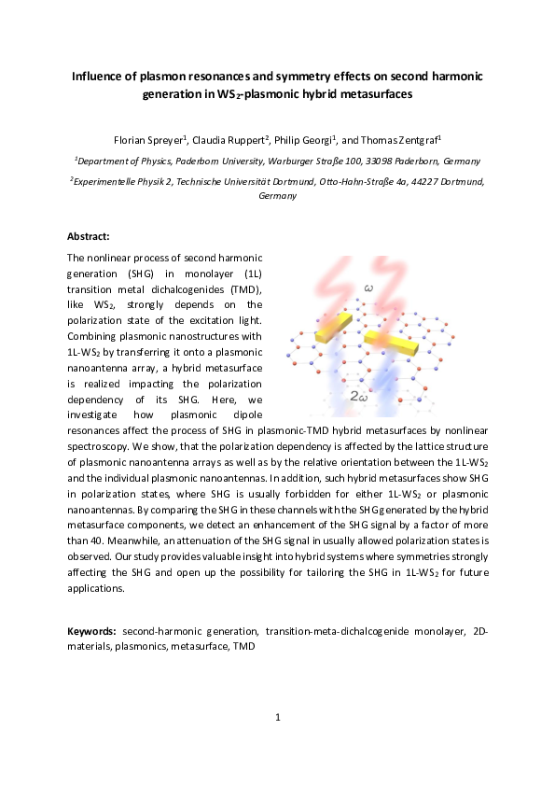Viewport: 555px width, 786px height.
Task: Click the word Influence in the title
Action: (101, 76)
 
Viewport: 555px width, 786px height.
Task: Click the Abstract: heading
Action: (89, 237)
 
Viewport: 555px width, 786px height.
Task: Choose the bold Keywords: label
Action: (92, 631)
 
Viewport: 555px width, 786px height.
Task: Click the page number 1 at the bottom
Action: (278, 718)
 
